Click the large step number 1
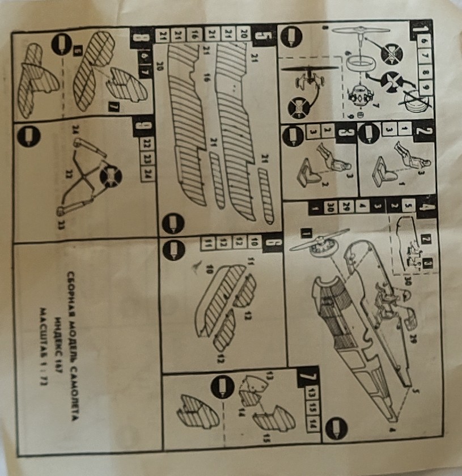tap(422, 28)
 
